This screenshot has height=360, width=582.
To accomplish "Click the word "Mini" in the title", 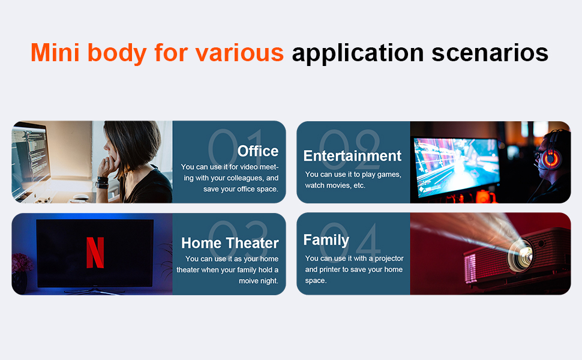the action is (x=55, y=52).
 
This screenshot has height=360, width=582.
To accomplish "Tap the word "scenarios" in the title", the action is (x=490, y=52).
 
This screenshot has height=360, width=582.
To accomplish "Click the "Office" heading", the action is (x=258, y=151).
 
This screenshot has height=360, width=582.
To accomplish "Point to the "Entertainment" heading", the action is (x=352, y=156).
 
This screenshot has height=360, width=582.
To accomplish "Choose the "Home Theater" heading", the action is (x=230, y=243).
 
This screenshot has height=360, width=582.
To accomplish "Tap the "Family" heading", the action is (x=326, y=240).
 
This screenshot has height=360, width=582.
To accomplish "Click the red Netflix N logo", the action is (x=95, y=253).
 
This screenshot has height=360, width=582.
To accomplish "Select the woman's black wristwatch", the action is (x=102, y=182).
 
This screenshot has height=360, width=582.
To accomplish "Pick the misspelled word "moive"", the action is (x=248, y=281).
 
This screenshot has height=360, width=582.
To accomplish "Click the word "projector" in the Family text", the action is (x=389, y=259).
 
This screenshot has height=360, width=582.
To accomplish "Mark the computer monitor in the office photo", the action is (x=29, y=160).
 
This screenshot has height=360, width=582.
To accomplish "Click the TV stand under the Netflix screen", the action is (x=95, y=290).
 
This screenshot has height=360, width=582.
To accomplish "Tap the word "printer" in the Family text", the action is (x=329, y=270).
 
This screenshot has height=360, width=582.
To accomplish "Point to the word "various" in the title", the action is (x=239, y=52).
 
